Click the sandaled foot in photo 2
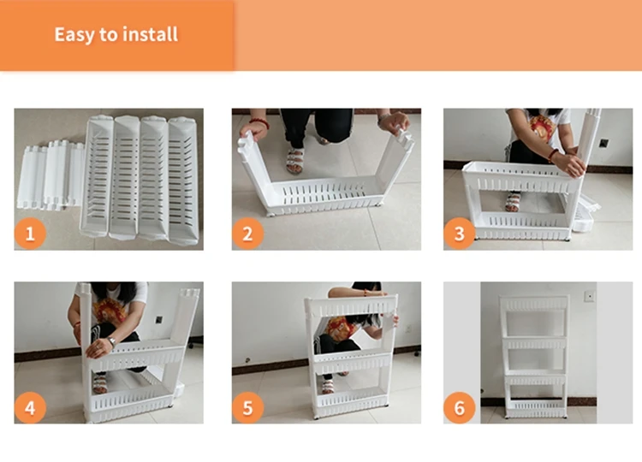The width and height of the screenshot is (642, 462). pyautogui.click(x=295, y=161)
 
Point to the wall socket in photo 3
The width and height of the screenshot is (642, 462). pyautogui.click(x=603, y=143)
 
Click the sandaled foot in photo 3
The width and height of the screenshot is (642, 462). pyautogui.click(x=513, y=202)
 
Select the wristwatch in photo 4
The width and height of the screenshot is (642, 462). pyautogui.click(x=110, y=343)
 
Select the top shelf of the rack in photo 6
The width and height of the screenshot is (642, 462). pyautogui.click(x=535, y=304)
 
